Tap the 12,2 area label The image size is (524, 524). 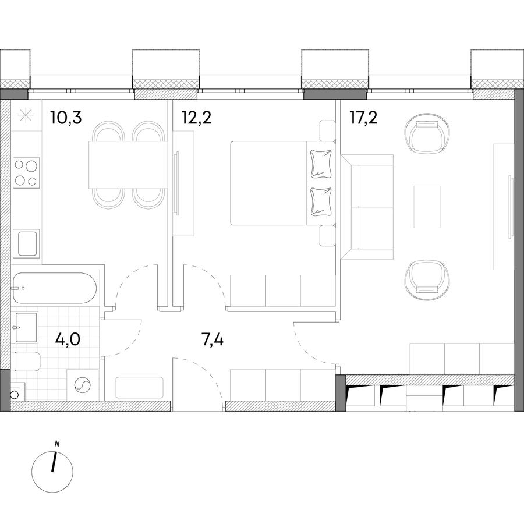196,118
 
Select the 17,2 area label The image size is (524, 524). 363,118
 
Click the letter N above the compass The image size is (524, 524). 57,444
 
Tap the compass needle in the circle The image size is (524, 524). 54,462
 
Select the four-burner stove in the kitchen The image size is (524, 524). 26,173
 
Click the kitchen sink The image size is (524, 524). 26,243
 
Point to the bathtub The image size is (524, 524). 55,288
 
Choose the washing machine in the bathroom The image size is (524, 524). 83,384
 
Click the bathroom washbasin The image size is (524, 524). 26,327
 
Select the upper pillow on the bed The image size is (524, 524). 321,164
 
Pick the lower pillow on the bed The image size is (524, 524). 321,201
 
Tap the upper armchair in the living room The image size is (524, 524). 425,136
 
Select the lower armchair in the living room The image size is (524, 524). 425,277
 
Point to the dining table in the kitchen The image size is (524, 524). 128,165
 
